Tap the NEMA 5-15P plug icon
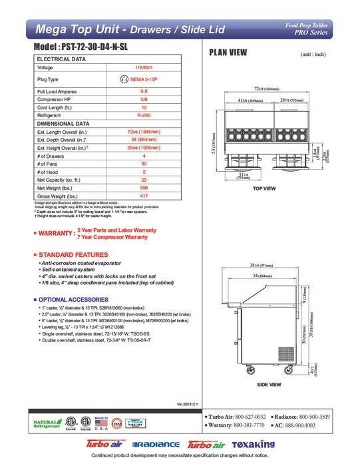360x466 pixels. point(122,79)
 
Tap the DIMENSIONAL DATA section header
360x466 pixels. point(63,123)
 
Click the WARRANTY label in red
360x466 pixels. point(55,234)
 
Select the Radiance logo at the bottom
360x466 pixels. point(156,444)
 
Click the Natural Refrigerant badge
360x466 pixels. point(44,424)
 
